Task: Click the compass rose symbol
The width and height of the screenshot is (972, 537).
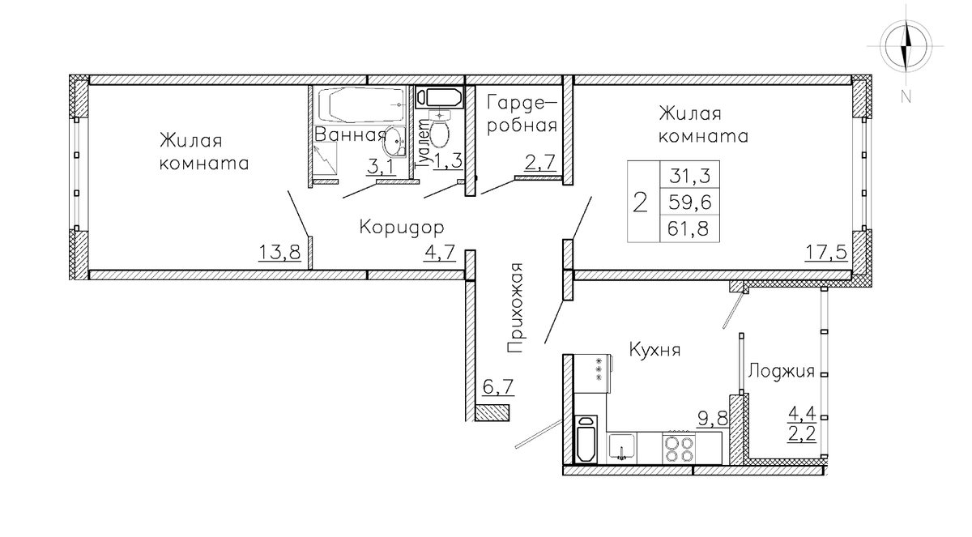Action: point(906,45)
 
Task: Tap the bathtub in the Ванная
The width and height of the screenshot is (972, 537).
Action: point(361,104)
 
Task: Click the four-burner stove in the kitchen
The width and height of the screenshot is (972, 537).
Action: point(679,448)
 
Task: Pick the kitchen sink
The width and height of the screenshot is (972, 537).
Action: point(622,448)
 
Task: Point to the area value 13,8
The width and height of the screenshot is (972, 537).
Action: point(280,252)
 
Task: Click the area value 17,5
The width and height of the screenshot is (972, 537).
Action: point(826,252)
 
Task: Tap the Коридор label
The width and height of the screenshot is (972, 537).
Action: point(402,228)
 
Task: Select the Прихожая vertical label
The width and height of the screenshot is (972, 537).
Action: point(515,308)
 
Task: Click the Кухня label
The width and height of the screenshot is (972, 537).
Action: point(654,349)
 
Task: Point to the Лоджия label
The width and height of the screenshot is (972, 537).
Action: point(781,372)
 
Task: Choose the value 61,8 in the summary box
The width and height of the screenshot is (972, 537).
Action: point(688,228)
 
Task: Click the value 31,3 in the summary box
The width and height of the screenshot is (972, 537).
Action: point(689,176)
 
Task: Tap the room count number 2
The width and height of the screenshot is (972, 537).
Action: point(640,202)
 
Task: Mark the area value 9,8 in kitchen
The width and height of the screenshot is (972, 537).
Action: point(713,419)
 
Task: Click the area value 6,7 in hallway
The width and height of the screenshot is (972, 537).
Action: point(498,386)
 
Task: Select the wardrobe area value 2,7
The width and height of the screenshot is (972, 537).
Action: point(540,162)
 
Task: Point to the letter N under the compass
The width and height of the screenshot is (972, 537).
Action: point(906,96)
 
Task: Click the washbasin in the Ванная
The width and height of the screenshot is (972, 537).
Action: point(394,141)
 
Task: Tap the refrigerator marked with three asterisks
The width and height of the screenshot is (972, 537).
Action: point(592,373)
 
